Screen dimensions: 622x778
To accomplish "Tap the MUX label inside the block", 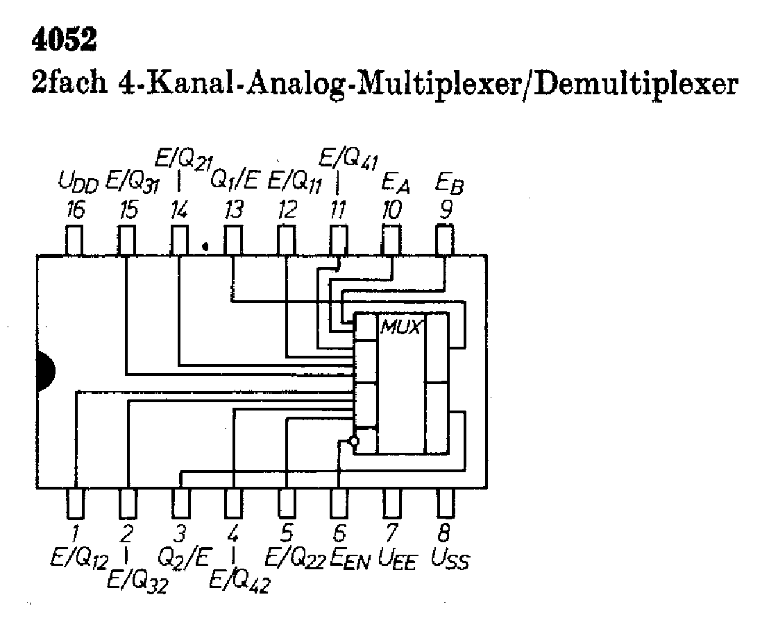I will click(x=400, y=326).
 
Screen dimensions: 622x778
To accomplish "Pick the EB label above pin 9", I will click(x=448, y=184).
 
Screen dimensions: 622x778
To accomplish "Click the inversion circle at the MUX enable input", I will click(x=354, y=441).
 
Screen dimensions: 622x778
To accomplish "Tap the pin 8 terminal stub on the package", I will click(x=446, y=503).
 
